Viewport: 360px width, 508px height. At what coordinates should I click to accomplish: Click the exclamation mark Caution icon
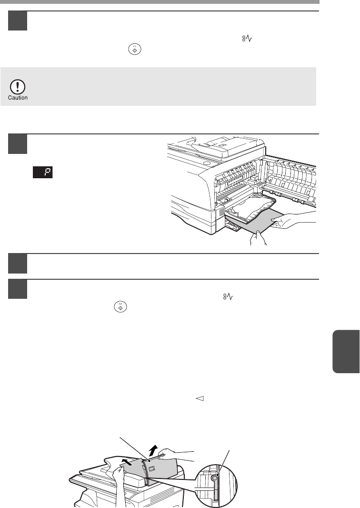(18, 87)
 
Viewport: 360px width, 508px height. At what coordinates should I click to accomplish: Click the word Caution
(18, 98)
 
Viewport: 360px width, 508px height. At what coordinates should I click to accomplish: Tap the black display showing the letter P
(43, 173)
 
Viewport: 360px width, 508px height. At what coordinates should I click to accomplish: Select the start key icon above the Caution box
(135, 50)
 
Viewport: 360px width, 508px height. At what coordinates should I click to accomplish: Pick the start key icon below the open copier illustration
(120, 307)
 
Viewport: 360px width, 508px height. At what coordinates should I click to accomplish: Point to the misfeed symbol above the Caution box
(247, 39)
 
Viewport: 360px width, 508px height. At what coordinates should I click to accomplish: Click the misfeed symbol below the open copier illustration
(228, 296)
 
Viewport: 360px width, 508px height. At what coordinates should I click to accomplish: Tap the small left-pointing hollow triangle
(200, 399)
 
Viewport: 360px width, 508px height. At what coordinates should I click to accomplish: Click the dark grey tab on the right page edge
(346, 351)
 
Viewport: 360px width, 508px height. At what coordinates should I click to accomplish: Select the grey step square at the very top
(18, 21)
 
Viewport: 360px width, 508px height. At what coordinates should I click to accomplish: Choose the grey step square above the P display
(18, 144)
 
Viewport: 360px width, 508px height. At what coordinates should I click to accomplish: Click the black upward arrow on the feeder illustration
(154, 450)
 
